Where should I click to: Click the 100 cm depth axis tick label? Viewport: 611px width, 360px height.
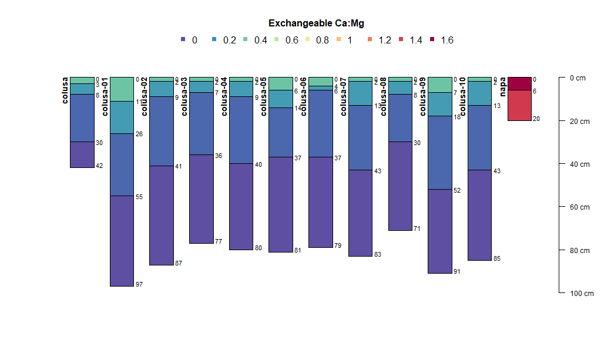point(582,294)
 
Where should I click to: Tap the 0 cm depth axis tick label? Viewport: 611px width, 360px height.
point(578,78)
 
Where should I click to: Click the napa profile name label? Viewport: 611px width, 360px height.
point(503,87)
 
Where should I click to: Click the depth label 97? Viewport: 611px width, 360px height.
point(139,285)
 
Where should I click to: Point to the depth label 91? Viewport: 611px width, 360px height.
point(457,272)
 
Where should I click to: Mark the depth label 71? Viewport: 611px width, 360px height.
point(417,229)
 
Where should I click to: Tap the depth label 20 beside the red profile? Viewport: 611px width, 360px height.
point(536,119)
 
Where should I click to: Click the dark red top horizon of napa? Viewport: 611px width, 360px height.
point(519,83)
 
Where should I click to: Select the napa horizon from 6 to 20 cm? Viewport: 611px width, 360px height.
point(519,105)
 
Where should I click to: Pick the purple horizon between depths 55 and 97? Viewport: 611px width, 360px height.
point(122,241)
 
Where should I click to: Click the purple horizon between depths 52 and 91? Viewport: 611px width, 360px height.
point(439,231)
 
